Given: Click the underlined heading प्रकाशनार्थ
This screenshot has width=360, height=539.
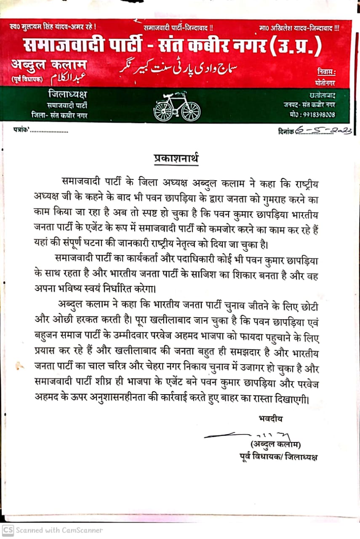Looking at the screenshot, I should pyautogui.click(x=176, y=160).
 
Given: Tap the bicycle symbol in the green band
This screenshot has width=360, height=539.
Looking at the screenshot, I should pyautogui.click(x=176, y=106).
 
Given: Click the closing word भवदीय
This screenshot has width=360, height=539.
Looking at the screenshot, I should pyautogui.click(x=270, y=418).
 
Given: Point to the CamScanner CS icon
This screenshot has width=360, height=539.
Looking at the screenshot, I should pyautogui.click(x=8, y=530).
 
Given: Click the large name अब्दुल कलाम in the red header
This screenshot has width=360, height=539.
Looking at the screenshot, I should pyautogui.click(x=50, y=65).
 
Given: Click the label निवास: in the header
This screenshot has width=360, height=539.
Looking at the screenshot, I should pyautogui.click(x=327, y=72).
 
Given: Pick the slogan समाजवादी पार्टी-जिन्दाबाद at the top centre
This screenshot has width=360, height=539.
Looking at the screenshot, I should pyautogui.click(x=179, y=28).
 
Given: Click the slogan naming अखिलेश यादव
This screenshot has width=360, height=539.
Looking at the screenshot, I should pyautogui.click(x=300, y=28).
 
